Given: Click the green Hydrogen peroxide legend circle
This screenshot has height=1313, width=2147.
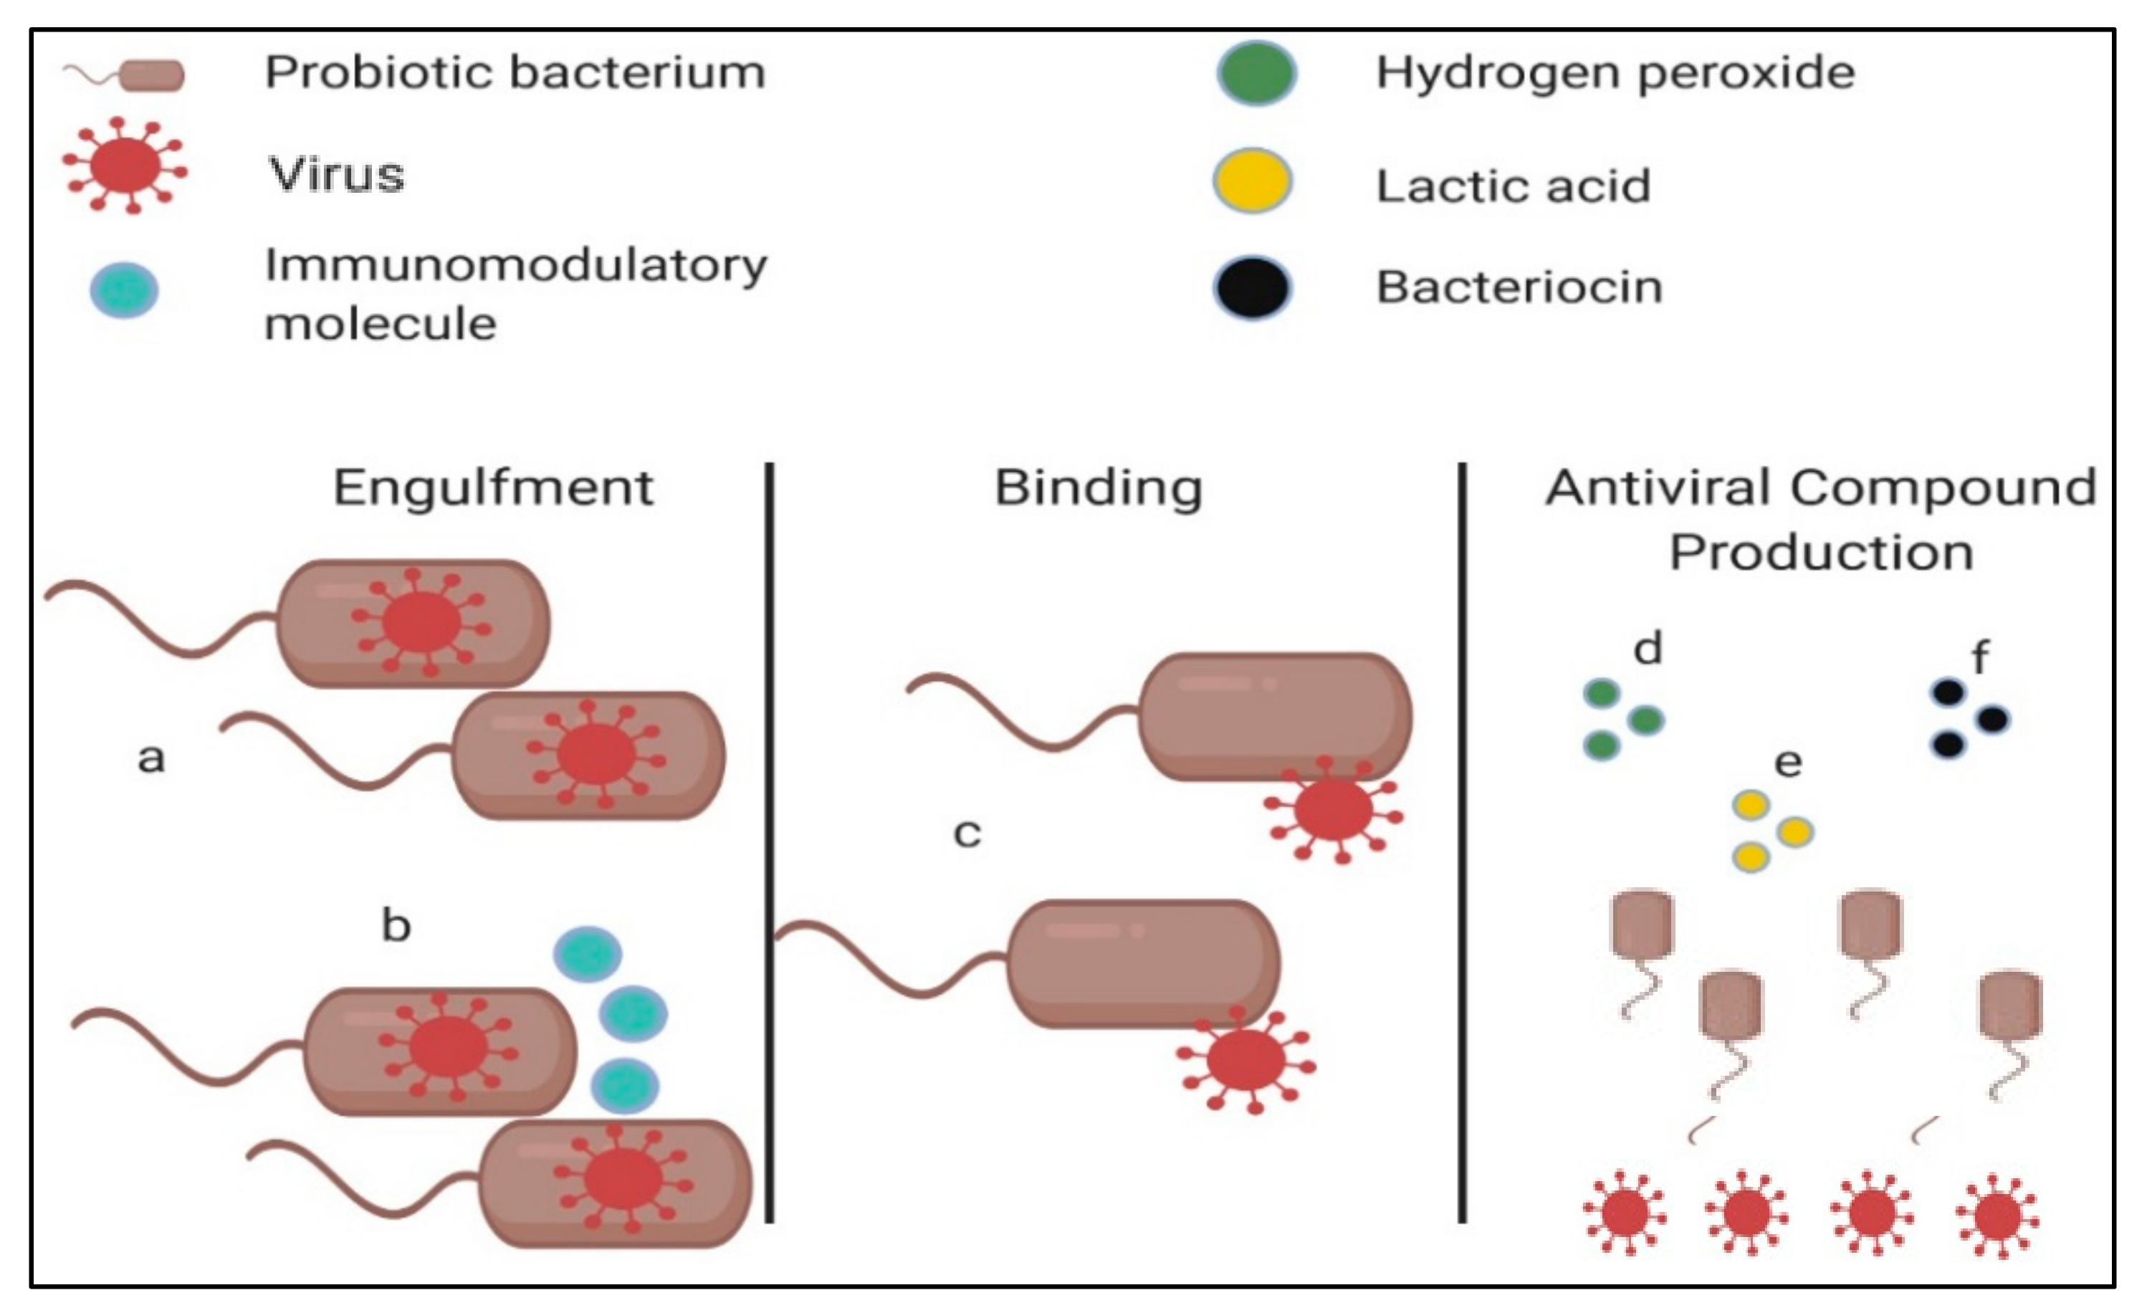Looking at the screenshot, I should [1256, 73].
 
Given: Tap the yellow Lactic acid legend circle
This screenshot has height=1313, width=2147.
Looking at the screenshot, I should [1252, 181].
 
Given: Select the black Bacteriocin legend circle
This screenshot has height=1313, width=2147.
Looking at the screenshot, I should [1252, 287].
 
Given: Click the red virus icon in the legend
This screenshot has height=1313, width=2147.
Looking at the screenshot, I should [125, 166].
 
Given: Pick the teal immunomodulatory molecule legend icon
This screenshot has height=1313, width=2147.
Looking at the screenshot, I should [125, 290].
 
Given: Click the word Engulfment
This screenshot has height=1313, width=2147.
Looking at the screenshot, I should [493, 488].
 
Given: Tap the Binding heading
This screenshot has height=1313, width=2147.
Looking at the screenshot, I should [1098, 488].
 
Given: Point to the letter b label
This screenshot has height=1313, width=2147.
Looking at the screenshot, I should [396, 925].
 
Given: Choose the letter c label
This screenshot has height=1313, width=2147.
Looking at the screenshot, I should [967, 834].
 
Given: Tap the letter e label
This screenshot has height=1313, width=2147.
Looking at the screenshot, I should [1788, 763].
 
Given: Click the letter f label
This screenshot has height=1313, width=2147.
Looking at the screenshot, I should [1981, 657].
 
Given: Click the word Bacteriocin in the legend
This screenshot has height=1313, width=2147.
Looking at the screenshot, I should [1519, 287].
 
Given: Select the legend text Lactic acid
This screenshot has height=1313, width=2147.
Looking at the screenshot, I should [1513, 186].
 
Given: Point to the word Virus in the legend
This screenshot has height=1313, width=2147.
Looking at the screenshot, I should [336, 174].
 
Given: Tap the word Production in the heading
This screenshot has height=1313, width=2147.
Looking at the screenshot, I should [1821, 553].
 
